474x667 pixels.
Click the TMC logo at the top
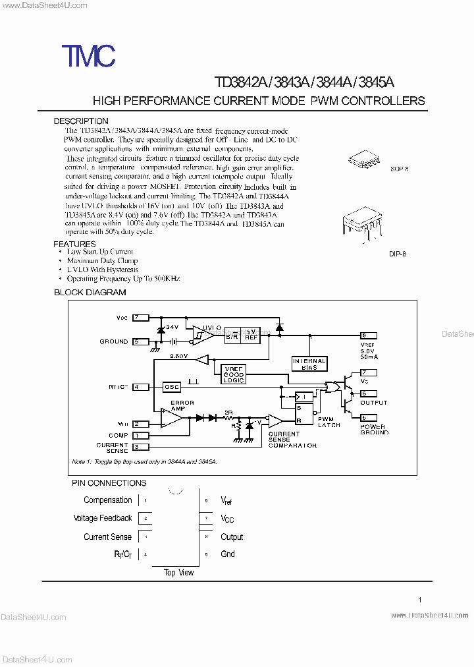pos(89,57)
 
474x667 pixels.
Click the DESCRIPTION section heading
pos(81,121)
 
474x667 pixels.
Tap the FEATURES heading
pos(74,244)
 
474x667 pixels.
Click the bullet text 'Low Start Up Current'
pos(100,252)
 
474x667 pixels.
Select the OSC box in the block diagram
pos(172,387)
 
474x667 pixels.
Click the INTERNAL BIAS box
pos(309,364)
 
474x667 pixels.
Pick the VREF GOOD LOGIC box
pos(234,374)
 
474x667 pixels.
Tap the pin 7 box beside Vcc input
pos(141,318)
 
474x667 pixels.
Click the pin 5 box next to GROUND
pos(141,341)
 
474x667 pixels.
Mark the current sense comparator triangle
pos(276,420)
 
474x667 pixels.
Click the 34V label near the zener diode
pos(172,327)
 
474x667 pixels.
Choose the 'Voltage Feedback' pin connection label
pos(103,518)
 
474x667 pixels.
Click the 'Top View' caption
pos(178,572)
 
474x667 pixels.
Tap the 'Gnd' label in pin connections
pos(228,554)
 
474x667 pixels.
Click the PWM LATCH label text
pos(329,422)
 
